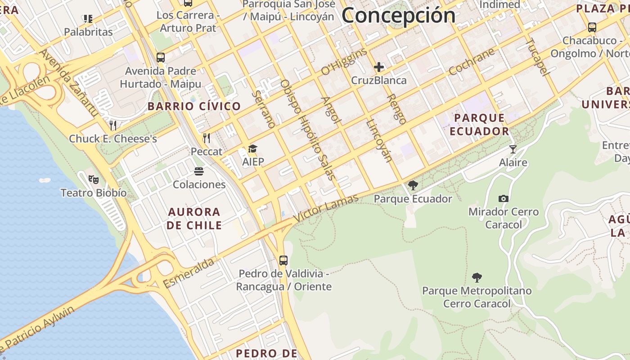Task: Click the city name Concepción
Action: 398,15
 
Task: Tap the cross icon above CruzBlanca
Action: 379,67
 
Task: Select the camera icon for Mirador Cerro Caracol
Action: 504,198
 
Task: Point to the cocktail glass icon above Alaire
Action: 513,149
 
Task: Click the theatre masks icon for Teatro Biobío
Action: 94,180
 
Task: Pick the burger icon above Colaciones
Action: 199,171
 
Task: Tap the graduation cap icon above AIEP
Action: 253,149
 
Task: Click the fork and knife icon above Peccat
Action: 207,138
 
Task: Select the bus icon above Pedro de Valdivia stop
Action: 283,260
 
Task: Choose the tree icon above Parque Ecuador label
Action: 413,185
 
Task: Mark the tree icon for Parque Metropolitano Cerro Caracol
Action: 477,277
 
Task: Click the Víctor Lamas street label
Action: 326,207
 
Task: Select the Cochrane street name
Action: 472,62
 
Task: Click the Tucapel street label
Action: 538,57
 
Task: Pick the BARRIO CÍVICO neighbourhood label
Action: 194,107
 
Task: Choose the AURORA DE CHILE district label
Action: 194,218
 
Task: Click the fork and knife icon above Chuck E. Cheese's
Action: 113,125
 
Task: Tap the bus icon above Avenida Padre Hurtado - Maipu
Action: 161,58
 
